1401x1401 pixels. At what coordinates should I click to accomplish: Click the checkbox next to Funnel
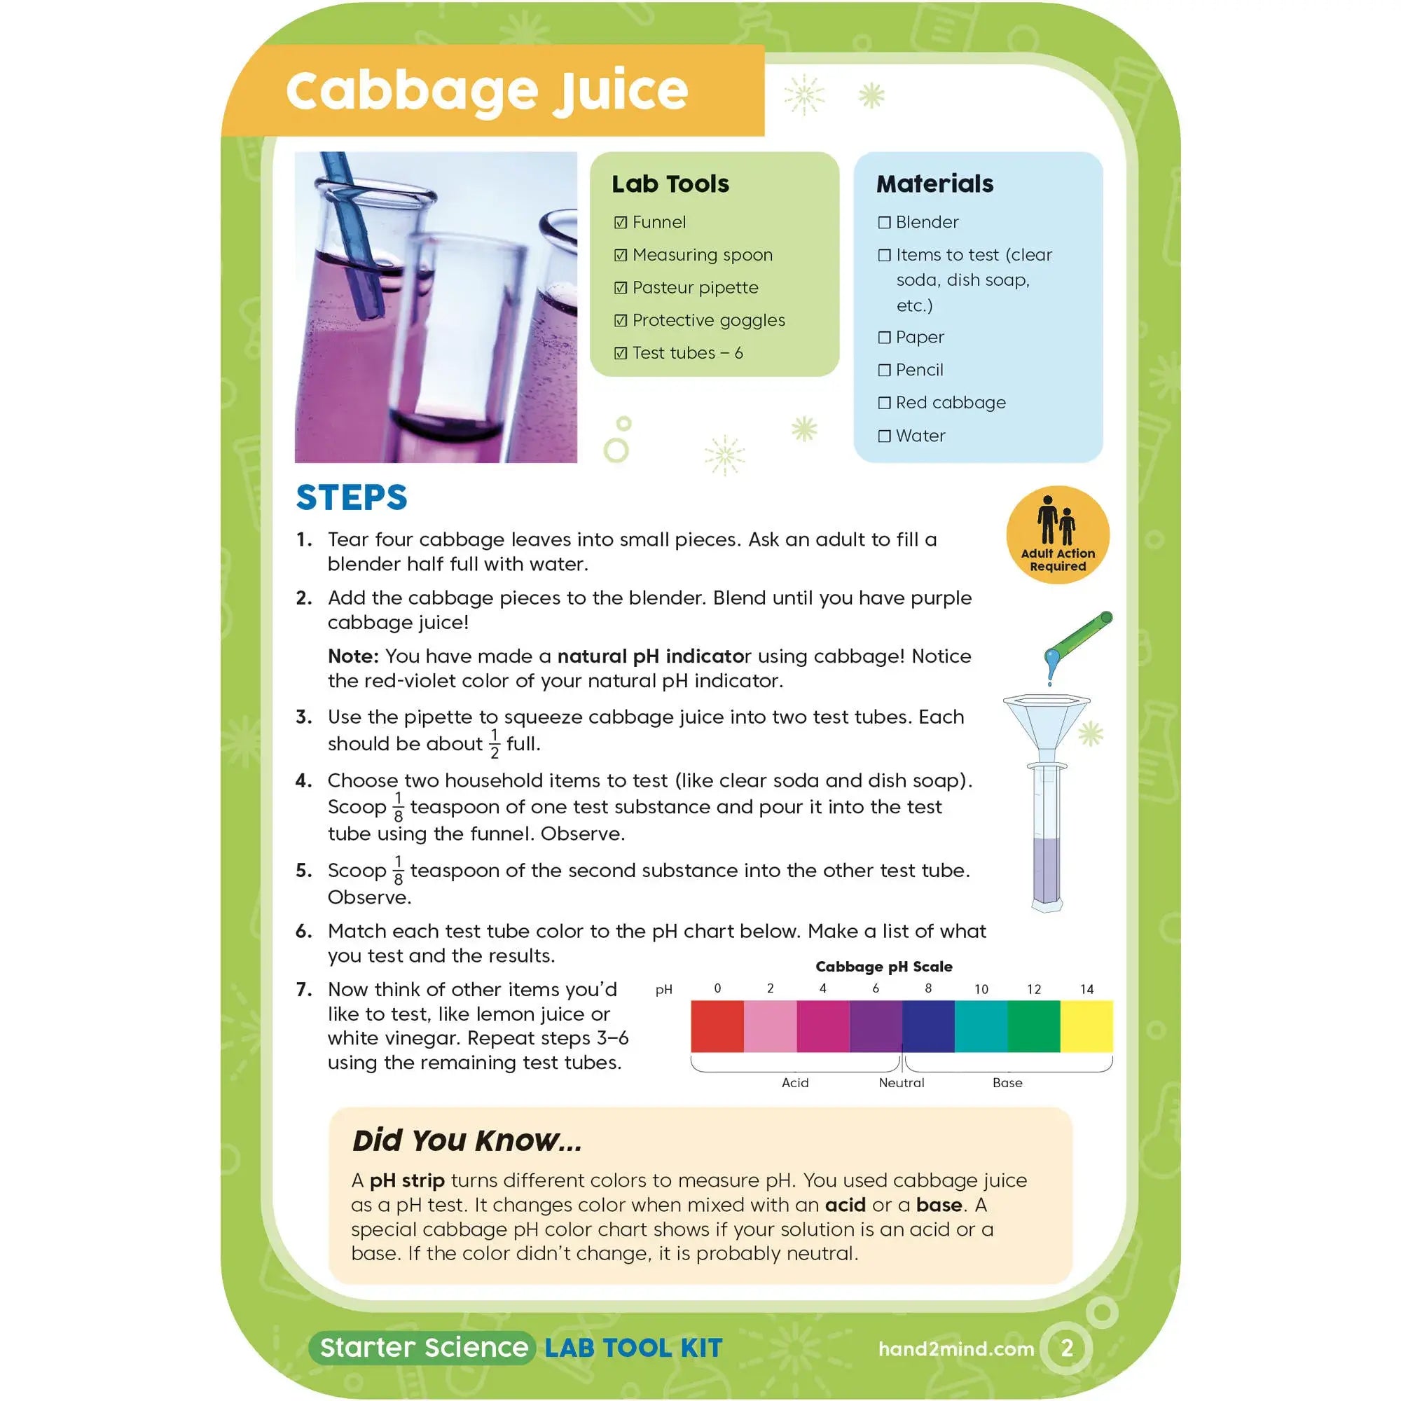click(620, 223)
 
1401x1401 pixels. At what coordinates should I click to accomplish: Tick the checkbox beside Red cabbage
click(884, 403)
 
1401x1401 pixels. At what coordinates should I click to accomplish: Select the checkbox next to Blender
click(884, 223)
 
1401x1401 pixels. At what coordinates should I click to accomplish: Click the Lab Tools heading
click(670, 184)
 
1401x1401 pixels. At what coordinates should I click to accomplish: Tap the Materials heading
click(934, 184)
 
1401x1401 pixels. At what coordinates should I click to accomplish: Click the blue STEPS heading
click(352, 498)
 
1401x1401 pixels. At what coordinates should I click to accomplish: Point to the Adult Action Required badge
click(1057, 534)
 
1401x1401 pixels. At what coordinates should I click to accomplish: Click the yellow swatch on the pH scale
click(1086, 1026)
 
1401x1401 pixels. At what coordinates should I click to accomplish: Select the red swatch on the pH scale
click(717, 1026)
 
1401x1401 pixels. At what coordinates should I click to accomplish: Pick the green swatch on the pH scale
click(1033, 1026)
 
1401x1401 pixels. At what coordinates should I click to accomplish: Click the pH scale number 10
click(981, 989)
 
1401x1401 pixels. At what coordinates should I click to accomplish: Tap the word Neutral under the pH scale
click(902, 1083)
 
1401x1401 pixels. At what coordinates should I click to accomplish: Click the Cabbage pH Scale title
click(883, 967)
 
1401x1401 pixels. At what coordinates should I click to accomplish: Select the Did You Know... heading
click(467, 1140)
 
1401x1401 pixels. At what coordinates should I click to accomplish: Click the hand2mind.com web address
click(955, 1348)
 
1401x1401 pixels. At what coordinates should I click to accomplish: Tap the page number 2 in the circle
click(1067, 1348)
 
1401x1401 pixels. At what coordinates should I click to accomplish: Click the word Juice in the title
click(620, 91)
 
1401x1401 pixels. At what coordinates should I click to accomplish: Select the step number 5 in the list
click(303, 871)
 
